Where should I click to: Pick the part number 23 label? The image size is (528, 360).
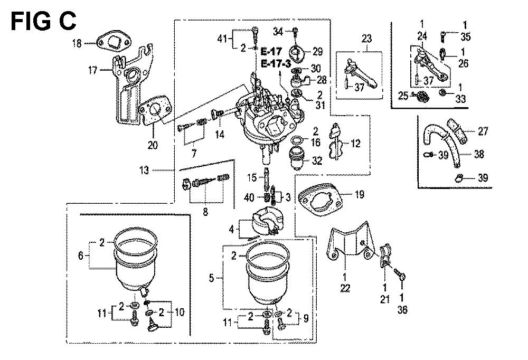366,38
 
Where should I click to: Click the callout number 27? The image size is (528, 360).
483,131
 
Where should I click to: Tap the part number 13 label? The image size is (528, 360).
158,170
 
